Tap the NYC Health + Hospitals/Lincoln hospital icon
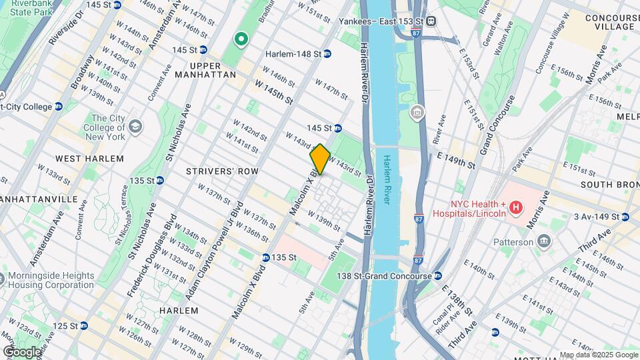(x=515, y=209)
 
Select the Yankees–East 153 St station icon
(x=432, y=21)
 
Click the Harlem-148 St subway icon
(x=327, y=53)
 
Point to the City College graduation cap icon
(x=136, y=127)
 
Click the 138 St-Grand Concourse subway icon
(x=438, y=275)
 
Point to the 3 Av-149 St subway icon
(x=625, y=217)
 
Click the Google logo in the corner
(x=22, y=351)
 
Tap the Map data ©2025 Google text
(x=598, y=355)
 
